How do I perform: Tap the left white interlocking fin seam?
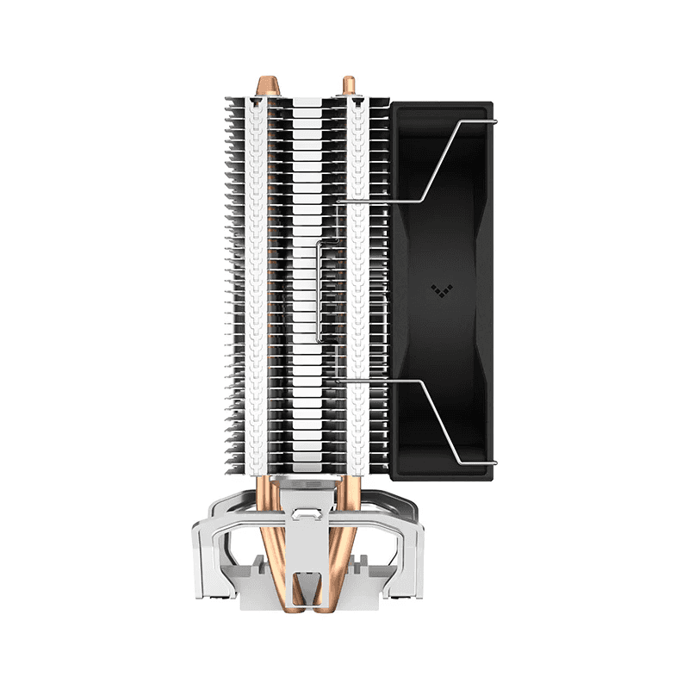(256, 284)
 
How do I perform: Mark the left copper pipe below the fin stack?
(266, 517)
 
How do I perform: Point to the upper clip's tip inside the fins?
(339, 202)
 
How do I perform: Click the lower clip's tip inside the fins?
(339, 379)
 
